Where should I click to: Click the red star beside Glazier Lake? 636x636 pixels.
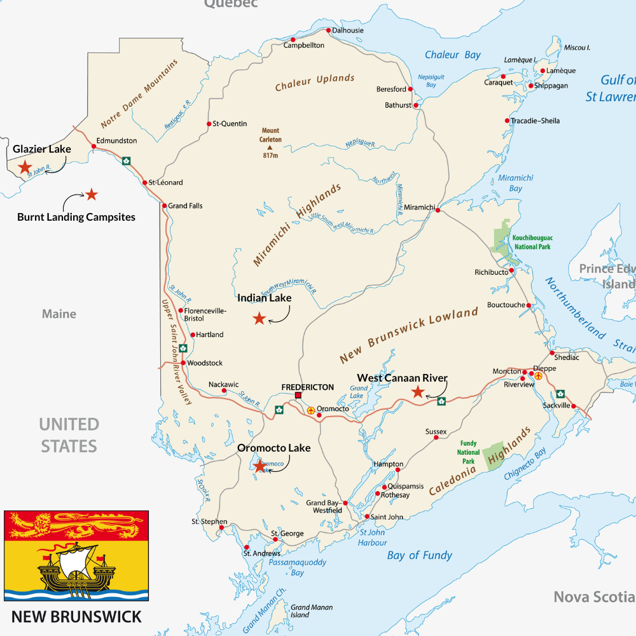(25, 167)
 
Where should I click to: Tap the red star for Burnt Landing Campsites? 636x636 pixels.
(92, 194)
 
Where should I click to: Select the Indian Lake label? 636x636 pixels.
(264, 298)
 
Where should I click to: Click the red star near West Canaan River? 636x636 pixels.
(418, 392)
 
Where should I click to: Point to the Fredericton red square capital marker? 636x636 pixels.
(298, 396)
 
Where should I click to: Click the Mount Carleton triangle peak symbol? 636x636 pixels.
(270, 147)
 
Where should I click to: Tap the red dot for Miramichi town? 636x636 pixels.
(438, 209)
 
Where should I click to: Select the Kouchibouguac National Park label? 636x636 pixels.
(531, 242)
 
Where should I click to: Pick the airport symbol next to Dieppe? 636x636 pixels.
(539, 376)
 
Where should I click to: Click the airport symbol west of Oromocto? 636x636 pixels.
(310, 410)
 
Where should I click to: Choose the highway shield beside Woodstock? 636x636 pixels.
(183, 348)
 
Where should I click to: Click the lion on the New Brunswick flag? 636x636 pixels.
(76, 525)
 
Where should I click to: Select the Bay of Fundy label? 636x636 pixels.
(420, 555)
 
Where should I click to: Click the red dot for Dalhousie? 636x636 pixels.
(328, 31)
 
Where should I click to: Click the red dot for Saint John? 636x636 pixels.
(366, 516)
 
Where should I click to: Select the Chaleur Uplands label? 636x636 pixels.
(314, 82)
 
